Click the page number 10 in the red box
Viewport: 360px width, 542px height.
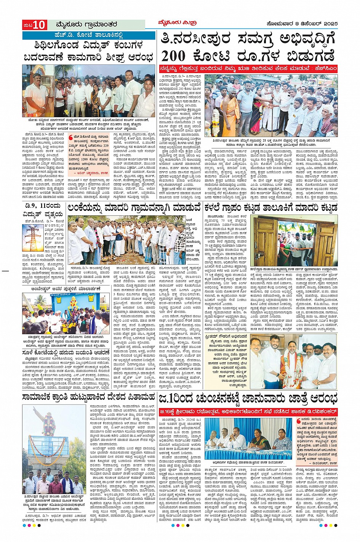coord(39,25)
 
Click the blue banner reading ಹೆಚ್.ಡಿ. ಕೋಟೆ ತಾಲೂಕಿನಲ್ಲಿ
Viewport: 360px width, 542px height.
coord(88,35)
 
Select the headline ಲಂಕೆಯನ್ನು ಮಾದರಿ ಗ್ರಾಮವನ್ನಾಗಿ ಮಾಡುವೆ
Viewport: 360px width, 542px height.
coord(134,208)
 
